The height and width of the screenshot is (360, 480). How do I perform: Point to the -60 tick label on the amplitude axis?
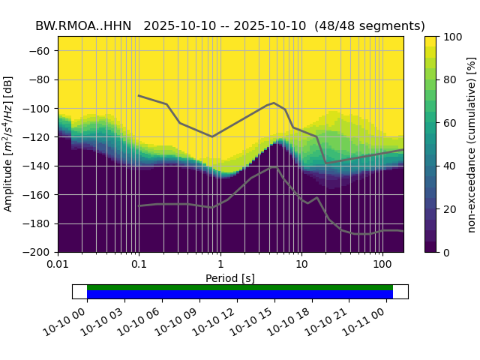tap(42, 51)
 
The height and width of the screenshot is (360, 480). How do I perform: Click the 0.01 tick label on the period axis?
tap(58, 265)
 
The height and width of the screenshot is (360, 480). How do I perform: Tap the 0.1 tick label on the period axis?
tap(139, 265)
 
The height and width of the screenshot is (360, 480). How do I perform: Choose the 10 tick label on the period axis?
tap(301, 265)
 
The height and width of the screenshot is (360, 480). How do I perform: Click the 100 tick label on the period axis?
tap(382, 265)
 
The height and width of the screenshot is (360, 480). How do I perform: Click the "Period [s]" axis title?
tap(230, 278)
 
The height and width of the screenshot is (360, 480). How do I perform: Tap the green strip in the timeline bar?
tap(240, 287)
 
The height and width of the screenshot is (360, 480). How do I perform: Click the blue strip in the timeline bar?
tap(240, 295)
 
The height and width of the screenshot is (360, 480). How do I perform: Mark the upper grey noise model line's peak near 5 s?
tap(274, 103)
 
